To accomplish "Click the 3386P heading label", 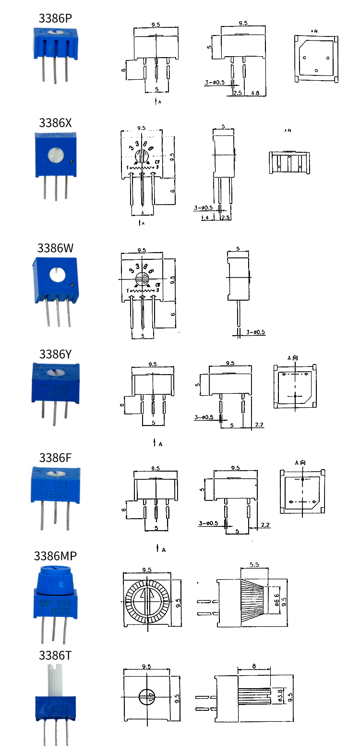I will (x=55, y=18).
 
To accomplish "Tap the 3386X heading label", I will (x=55, y=123).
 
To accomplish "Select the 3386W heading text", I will (x=56, y=248).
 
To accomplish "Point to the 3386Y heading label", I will (x=55, y=354).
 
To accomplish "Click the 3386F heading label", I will (x=55, y=458).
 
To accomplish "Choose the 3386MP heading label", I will (x=55, y=556).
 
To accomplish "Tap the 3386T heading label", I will (x=55, y=656).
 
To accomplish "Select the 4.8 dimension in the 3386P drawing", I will (x=255, y=93).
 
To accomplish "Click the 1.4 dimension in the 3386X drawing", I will (x=205, y=218).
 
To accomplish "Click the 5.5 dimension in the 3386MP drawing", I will (x=254, y=565).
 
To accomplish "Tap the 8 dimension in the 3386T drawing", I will (x=254, y=666).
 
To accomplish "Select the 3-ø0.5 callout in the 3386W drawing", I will (x=255, y=332).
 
